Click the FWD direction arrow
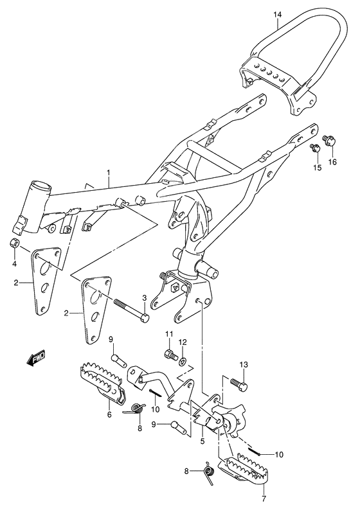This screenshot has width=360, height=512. [x=35, y=358]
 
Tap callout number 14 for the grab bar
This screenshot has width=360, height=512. [x=277, y=14]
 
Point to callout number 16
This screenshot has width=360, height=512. [x=332, y=162]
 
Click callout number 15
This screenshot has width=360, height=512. [x=317, y=168]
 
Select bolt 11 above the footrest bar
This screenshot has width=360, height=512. [x=170, y=354]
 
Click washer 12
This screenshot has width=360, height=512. [x=183, y=361]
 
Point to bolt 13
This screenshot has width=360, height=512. [x=239, y=383]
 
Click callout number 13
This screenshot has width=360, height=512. [x=244, y=364]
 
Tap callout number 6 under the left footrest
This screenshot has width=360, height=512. [x=109, y=415]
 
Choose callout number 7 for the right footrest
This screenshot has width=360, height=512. [x=264, y=499]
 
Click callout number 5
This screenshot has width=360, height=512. [x=203, y=441]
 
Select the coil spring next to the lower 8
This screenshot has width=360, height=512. [x=208, y=472]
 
